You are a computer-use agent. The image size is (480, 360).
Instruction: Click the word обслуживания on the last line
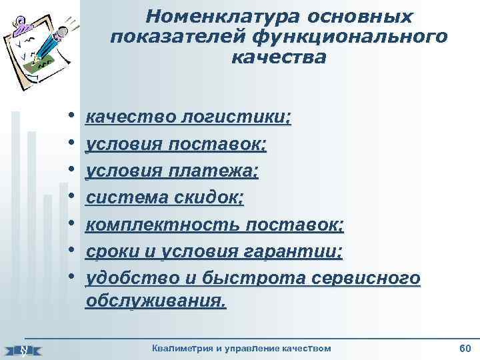pos(156,302)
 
